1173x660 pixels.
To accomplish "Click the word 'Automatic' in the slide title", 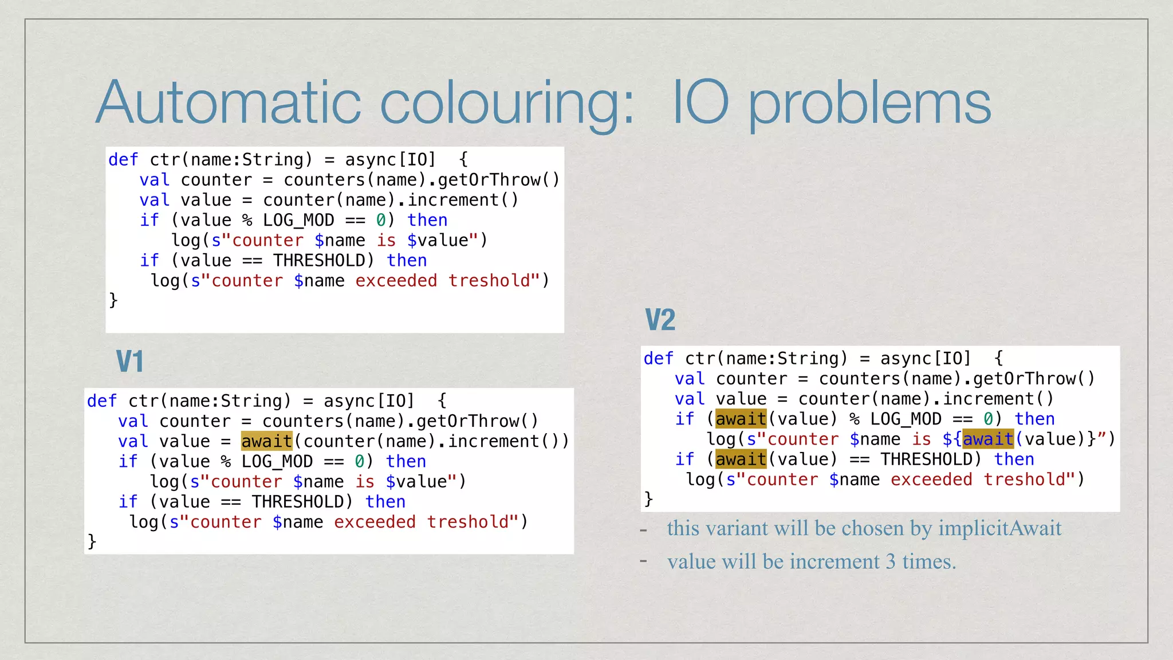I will [x=229, y=103].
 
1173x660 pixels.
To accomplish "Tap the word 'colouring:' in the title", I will [x=507, y=103].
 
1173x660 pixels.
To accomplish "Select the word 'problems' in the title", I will [x=869, y=103].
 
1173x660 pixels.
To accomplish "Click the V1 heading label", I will [x=129, y=362].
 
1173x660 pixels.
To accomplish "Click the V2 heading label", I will [x=660, y=320].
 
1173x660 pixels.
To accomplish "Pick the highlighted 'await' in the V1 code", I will [x=266, y=441].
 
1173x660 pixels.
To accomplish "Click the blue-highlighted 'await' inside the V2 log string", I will [x=988, y=439].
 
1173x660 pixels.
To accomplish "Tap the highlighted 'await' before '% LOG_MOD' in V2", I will [x=741, y=419].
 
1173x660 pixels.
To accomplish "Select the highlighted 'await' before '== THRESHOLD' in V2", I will [x=741, y=459].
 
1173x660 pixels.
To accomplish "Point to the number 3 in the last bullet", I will [x=891, y=561].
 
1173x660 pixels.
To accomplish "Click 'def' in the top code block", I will [x=123, y=159].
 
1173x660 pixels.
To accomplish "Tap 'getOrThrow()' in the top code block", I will [x=498, y=180].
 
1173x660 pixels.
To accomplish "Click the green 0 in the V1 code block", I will [x=360, y=461].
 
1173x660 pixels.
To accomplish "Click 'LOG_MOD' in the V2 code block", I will [x=906, y=419].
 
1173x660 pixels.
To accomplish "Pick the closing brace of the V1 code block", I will [x=92, y=541].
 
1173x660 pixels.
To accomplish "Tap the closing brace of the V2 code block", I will [x=648, y=498].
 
